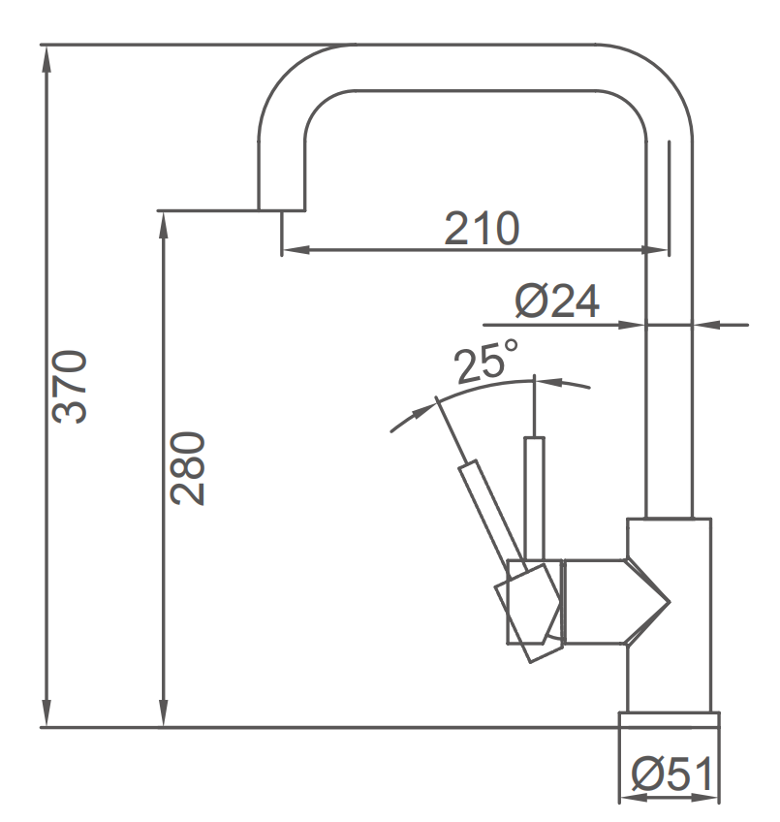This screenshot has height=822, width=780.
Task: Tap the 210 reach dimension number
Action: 482,229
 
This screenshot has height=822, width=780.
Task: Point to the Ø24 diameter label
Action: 557,302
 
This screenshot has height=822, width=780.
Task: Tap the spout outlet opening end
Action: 281,208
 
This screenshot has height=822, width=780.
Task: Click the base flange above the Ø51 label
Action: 670,719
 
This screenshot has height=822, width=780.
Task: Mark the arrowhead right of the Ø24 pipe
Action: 704,324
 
